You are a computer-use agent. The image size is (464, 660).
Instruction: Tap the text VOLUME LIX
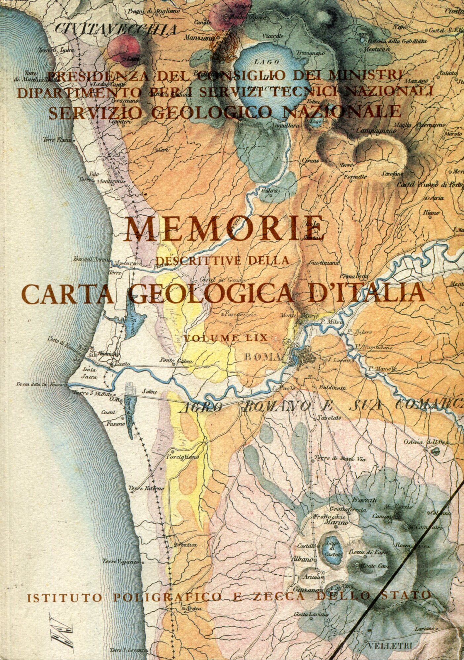226,338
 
